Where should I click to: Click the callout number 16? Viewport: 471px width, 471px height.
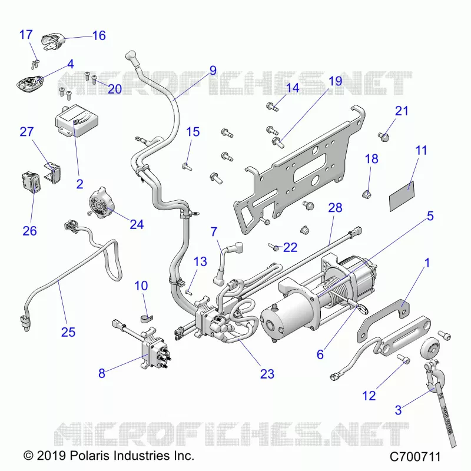point(99,35)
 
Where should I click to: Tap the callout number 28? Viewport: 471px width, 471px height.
point(335,208)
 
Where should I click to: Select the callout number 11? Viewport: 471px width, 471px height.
point(421,150)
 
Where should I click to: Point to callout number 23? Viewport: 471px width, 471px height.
point(267,374)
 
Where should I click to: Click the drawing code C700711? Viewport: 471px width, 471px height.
point(415,457)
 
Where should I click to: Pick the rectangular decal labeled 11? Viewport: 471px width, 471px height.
point(402,196)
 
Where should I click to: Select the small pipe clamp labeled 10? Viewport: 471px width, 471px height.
point(147,318)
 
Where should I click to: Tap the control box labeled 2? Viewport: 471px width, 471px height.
point(77,120)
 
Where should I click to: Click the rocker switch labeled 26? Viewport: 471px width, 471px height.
point(31,182)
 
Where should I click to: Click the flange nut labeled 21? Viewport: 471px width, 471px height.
point(384,137)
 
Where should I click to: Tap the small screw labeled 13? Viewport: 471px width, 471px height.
point(189,291)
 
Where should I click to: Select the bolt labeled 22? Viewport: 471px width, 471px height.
point(274,247)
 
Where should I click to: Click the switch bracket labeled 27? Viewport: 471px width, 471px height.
point(53,172)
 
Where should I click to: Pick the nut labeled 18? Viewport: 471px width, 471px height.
point(366,194)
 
